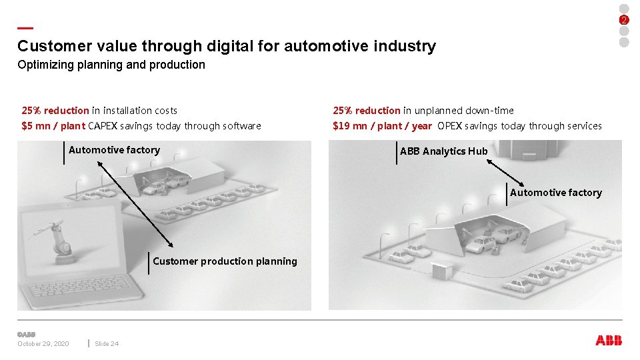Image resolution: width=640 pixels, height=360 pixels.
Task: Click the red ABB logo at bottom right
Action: tap(609, 341)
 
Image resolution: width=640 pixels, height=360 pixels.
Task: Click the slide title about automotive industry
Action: tap(227, 46)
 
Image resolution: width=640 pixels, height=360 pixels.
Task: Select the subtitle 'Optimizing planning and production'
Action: tap(111, 65)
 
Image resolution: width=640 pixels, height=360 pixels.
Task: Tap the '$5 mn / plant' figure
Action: tap(53, 126)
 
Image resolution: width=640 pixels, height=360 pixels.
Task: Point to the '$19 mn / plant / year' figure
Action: tap(382, 126)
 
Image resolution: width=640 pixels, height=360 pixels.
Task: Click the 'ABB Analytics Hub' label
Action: tap(443, 151)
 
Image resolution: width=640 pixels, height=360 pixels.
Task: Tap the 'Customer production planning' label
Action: tap(225, 261)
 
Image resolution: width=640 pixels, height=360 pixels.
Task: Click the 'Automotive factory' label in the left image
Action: tap(114, 150)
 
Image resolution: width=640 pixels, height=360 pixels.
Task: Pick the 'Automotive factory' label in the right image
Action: tap(555, 193)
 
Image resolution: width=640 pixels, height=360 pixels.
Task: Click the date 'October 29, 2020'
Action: tap(43, 344)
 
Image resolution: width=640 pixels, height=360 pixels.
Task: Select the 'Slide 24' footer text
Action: tap(107, 344)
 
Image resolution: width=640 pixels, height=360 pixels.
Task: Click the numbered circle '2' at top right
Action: tap(624, 20)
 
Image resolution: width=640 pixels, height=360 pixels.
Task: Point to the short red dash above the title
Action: tap(25, 28)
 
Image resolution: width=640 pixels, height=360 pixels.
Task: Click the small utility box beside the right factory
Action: tap(441, 271)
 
